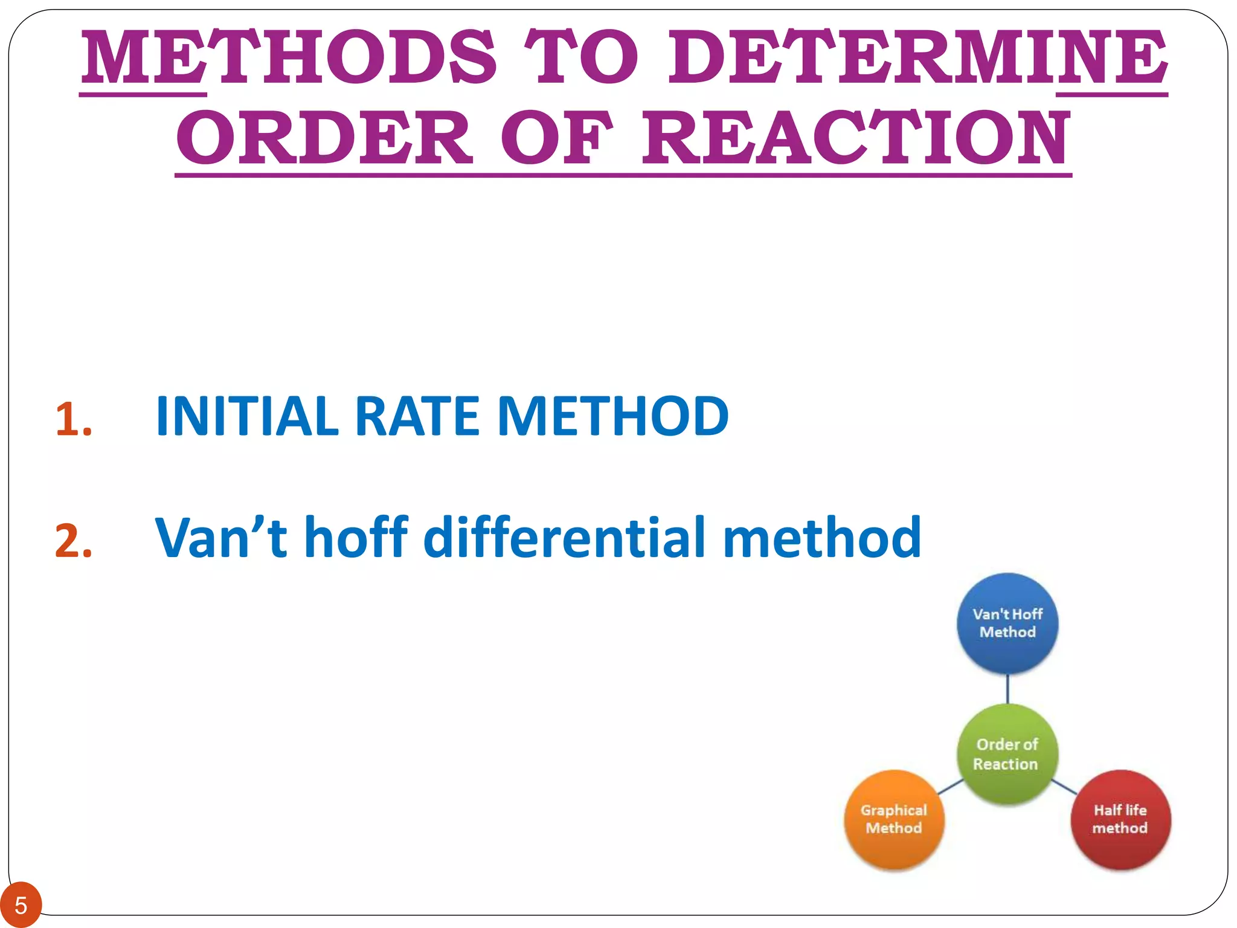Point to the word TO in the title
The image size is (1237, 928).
click(x=580, y=58)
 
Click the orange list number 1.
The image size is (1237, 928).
click(x=73, y=419)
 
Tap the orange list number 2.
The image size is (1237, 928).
click(x=73, y=541)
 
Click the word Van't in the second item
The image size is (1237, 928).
click(x=221, y=537)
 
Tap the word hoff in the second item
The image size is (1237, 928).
click(x=356, y=537)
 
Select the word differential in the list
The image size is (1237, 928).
click(x=565, y=537)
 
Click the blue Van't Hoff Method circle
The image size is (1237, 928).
click(x=1007, y=623)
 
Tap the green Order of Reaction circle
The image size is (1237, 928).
click(x=1007, y=754)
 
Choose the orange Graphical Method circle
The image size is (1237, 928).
click(x=894, y=819)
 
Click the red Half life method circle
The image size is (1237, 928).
click(x=1120, y=819)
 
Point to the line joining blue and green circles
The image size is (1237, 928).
click(x=1007, y=689)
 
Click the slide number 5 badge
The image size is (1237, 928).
click(x=21, y=906)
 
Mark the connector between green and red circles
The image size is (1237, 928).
click(x=1064, y=787)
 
